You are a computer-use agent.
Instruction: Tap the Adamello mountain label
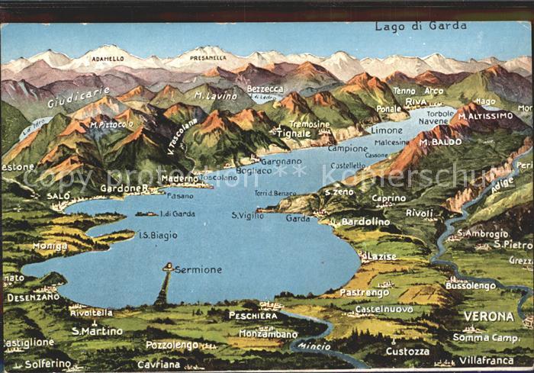pyautogui.click(x=108, y=58)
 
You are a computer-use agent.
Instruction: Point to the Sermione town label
pyautogui.click(x=198, y=269)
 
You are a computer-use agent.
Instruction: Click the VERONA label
pyautogui.click(x=488, y=316)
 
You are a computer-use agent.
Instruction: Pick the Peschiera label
pyautogui.click(x=253, y=315)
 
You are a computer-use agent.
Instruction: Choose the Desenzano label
pyautogui.click(x=33, y=297)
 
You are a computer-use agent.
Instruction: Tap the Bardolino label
pyautogui.click(x=365, y=222)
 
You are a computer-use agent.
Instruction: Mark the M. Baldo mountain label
pyautogui.click(x=440, y=142)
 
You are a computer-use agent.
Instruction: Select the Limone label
pyautogui.click(x=386, y=130)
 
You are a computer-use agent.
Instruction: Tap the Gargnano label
pyautogui.click(x=281, y=162)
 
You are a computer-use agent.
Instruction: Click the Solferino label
pyautogui.click(x=47, y=364)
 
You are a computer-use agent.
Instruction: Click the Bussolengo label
pyautogui.click(x=470, y=285)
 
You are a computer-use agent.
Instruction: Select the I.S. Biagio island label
pyautogui.click(x=158, y=236)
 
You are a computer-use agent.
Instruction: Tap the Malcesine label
pyautogui.click(x=391, y=142)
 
